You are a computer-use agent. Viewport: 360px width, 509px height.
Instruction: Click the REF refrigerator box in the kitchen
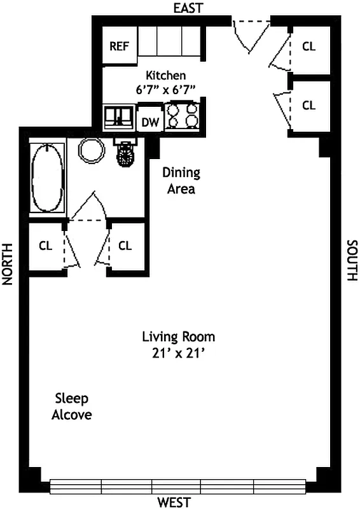pyautogui.click(x=119, y=46)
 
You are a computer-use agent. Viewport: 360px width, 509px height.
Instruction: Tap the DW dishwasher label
pyautogui.click(x=150, y=122)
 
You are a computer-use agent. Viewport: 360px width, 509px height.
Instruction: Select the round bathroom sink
pyautogui.click(x=92, y=151)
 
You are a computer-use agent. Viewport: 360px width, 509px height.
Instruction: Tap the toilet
pyautogui.click(x=125, y=153)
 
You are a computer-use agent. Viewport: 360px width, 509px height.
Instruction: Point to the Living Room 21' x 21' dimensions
pyautogui.click(x=178, y=344)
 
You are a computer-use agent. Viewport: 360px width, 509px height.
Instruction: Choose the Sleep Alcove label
pyautogui.click(x=73, y=407)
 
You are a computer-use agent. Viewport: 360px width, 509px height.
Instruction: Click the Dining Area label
pyautogui.click(x=181, y=181)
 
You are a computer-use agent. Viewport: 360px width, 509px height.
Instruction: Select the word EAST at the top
pyautogui.click(x=188, y=8)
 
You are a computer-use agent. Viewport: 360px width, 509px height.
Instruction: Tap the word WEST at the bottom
pyautogui.click(x=174, y=503)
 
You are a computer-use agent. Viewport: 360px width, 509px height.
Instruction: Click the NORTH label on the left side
pyautogui.click(x=8, y=263)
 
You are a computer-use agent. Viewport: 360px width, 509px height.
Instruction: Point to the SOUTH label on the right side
pyautogui.click(x=352, y=260)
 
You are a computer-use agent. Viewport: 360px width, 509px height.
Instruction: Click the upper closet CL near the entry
pyautogui.click(x=308, y=46)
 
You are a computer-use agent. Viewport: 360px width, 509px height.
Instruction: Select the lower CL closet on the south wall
pyautogui.click(x=308, y=106)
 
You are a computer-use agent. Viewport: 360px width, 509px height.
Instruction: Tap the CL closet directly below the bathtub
pyautogui.click(x=45, y=246)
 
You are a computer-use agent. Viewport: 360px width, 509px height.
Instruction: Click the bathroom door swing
pyautogui.click(x=88, y=207)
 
